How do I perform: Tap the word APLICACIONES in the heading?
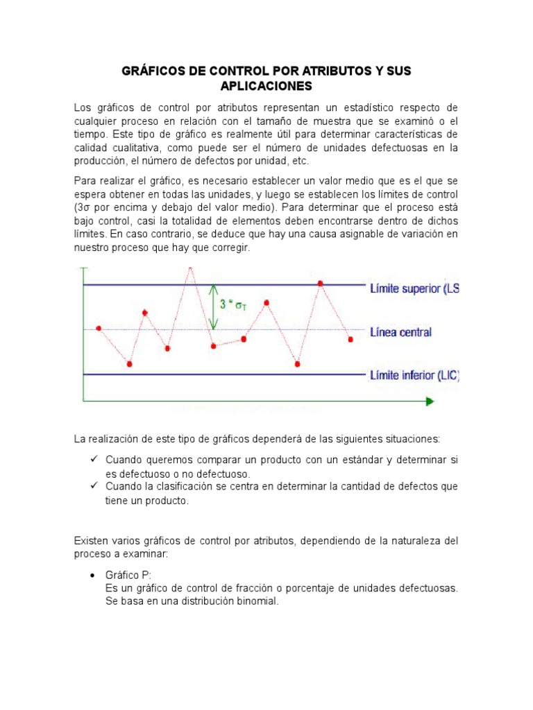266,86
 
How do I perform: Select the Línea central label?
400,332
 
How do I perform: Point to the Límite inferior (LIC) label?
414,375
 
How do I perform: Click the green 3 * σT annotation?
233,304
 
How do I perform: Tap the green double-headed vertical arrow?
214,305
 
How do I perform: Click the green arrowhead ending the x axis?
430,401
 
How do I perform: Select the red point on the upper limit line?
320,283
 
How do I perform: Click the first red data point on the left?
99,328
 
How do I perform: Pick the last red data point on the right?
350,339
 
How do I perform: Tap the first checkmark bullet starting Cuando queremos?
94,460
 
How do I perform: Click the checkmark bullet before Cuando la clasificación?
94,486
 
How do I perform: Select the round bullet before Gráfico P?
93,575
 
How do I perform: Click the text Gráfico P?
128,575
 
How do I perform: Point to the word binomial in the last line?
255,601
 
